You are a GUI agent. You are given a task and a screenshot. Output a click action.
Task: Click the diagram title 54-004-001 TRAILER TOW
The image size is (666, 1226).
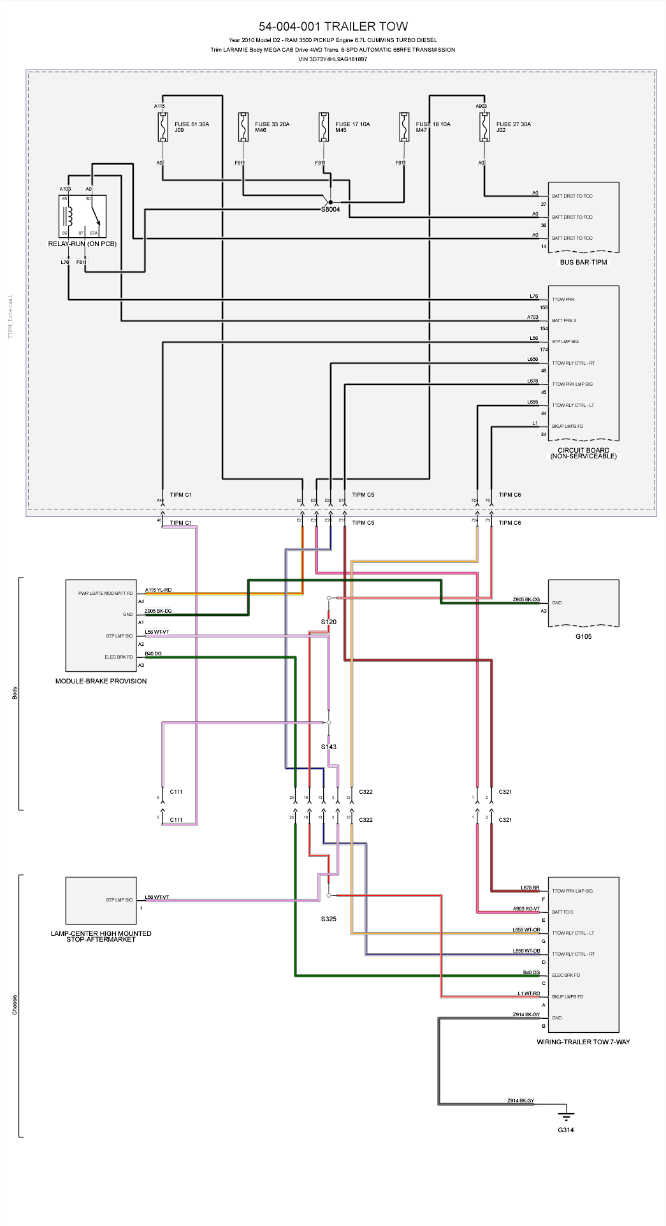coord(333,26)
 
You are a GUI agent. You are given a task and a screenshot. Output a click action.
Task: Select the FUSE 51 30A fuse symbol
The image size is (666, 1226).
coord(163,127)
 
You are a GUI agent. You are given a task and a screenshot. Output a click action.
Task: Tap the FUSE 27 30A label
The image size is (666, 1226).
coord(513,124)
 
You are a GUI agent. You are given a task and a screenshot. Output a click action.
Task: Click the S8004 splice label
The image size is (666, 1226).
coord(330,209)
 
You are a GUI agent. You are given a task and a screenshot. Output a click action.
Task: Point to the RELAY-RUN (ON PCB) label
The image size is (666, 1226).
coord(82,244)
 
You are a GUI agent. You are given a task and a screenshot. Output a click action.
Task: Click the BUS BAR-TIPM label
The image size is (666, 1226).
coord(583,262)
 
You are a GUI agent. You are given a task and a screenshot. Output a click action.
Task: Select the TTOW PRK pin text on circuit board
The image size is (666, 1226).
coord(563,299)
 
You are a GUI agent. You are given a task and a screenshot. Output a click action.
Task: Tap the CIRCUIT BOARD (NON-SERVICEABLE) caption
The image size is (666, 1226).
coord(583,453)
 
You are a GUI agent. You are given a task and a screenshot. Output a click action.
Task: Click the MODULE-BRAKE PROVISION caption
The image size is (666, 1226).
coord(101,681)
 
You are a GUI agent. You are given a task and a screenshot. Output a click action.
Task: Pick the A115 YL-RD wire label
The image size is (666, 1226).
coord(158,590)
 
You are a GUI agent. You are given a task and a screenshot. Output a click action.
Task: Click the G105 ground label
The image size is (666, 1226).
coord(583,636)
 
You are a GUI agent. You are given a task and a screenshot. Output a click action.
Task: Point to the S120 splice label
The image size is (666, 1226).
coord(328,622)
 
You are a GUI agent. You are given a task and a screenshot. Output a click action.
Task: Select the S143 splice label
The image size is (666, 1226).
coord(328,747)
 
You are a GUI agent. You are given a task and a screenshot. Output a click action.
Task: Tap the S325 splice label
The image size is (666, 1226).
coord(328,919)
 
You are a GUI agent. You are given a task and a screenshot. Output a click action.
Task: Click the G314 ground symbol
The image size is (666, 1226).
coord(565,1116)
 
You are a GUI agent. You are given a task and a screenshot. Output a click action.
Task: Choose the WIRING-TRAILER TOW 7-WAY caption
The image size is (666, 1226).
coord(583,1042)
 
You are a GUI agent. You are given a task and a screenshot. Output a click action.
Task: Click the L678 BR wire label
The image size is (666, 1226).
coord(530,887)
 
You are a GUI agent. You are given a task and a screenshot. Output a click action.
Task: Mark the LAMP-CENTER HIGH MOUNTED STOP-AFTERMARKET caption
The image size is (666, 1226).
coord(101,936)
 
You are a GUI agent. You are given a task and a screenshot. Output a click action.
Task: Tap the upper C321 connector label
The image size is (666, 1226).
coord(505,792)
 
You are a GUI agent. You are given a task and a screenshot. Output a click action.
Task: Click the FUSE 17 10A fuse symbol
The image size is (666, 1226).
coord(324,127)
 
